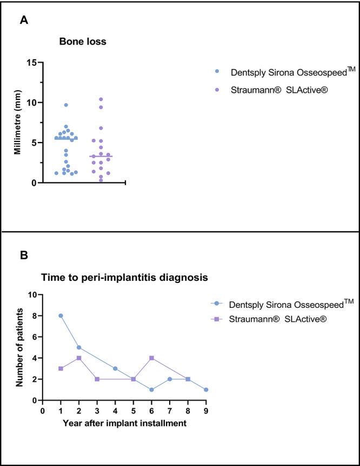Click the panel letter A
[x=24, y=21]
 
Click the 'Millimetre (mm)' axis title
[x=18, y=123]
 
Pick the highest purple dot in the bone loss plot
[x=101, y=99]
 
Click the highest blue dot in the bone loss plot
[x=66, y=105]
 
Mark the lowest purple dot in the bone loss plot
[x=101, y=180]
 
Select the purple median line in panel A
[x=101, y=157]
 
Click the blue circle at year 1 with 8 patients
[x=61, y=316]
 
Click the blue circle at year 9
[x=206, y=389]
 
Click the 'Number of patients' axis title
[x=19, y=347]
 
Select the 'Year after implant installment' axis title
[x=125, y=423]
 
